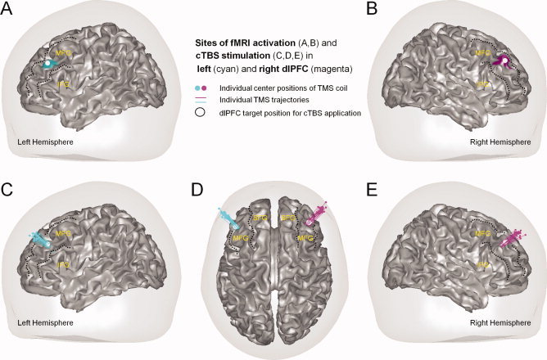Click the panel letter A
pos(9,11)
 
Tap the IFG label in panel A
pos(58,83)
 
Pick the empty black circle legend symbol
pos(203,112)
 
